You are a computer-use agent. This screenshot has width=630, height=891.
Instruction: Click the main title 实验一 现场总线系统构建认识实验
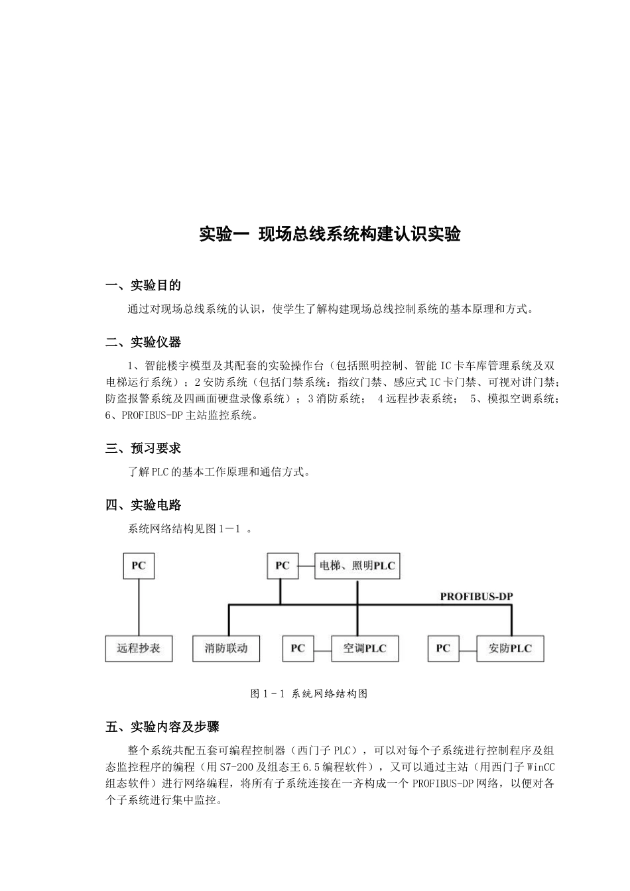[330, 235]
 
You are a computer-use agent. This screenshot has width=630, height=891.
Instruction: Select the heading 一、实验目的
[143, 286]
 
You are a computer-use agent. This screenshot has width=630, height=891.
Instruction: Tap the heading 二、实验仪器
[143, 343]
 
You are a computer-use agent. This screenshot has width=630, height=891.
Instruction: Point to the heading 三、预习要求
[143, 449]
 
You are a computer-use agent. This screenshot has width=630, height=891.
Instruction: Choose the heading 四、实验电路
[143, 506]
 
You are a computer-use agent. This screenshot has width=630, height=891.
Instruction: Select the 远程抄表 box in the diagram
[139, 648]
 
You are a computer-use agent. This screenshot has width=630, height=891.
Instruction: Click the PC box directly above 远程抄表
[139, 566]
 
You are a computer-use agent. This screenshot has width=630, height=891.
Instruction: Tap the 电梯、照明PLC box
[357, 566]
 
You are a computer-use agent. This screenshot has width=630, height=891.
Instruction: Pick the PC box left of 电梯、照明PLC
[283, 566]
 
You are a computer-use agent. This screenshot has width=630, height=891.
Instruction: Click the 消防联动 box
[226, 648]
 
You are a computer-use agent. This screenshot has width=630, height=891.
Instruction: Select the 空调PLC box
[365, 648]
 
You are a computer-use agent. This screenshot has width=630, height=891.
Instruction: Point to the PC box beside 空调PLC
[298, 648]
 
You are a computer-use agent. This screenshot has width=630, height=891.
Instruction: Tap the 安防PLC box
[510, 648]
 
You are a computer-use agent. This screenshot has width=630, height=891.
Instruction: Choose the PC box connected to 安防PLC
[443, 648]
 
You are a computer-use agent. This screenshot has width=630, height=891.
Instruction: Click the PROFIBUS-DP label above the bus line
[476, 597]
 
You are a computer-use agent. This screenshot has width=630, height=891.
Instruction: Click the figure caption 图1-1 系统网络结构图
[309, 694]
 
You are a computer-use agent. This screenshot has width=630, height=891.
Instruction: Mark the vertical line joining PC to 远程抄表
[139, 607]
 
